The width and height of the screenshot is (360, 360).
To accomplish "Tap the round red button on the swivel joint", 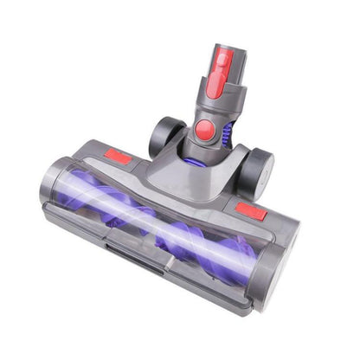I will click(205, 130).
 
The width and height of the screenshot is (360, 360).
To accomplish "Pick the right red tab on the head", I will click(251, 210).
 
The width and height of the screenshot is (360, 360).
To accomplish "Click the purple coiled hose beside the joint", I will click(228, 134).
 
